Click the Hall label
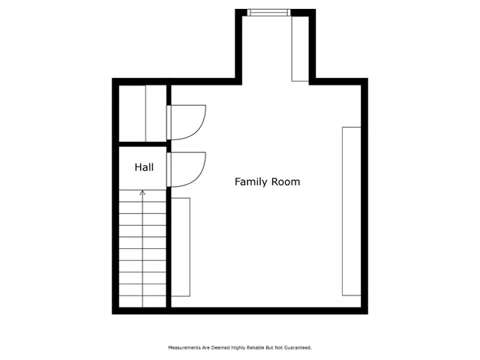click(x=144, y=167)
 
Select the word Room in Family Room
click(x=287, y=181)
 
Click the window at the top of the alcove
click(x=268, y=11)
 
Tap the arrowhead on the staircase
click(x=142, y=193)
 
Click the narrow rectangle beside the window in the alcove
click(x=299, y=46)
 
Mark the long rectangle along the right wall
click(x=351, y=211)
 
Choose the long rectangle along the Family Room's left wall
click(x=181, y=247)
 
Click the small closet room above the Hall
click(x=142, y=112)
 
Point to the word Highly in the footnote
click(x=231, y=348)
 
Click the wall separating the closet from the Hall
click(x=142, y=142)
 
